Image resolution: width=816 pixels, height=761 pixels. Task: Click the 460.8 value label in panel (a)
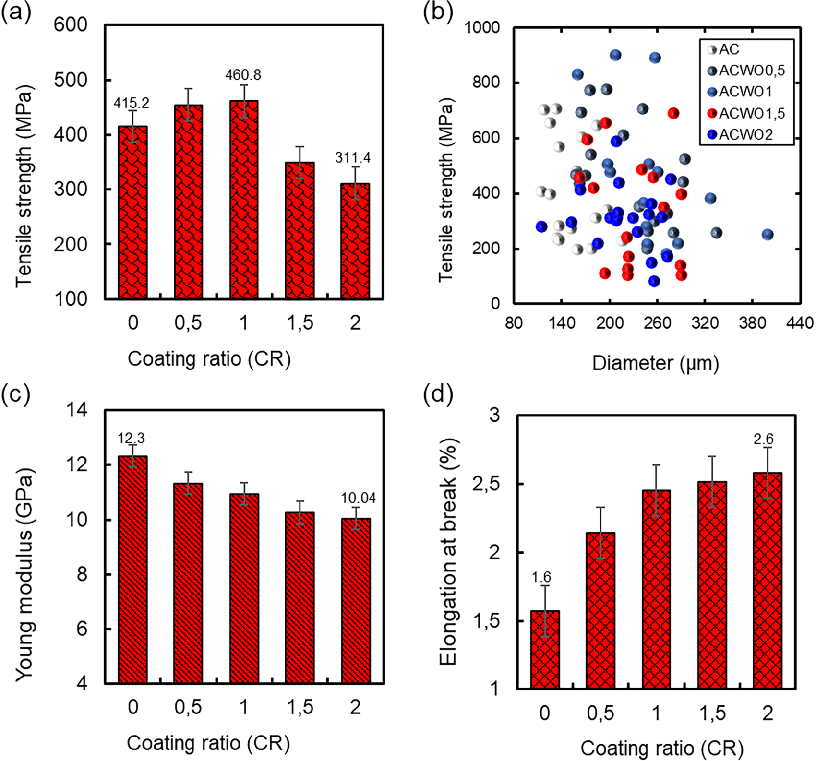tap(243, 75)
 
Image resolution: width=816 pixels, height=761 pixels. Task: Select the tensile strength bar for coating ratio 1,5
tap(300, 230)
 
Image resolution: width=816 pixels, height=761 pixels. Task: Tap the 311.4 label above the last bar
tap(353, 158)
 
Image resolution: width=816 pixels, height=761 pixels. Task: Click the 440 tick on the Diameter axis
tap(800, 323)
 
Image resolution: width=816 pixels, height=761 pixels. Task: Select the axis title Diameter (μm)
tap(655, 363)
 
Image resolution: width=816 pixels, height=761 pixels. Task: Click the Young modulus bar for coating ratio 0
tap(132, 570)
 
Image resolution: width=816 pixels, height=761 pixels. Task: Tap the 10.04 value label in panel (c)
tap(358, 499)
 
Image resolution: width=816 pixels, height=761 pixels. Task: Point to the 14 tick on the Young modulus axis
tap(77, 411)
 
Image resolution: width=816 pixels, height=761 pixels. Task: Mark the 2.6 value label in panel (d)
tap(763, 439)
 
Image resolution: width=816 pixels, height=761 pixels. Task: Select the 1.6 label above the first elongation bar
tap(541, 577)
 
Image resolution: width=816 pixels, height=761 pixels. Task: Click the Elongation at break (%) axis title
tap(448, 552)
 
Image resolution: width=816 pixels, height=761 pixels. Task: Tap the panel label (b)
tap(437, 13)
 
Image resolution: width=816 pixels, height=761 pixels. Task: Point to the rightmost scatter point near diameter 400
tap(768, 235)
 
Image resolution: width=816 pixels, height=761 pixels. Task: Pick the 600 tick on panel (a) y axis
tap(70, 25)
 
